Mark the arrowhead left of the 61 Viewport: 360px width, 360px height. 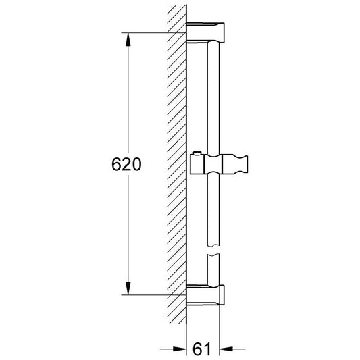182,349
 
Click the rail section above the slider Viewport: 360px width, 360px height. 213,95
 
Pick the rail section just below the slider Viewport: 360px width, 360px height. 213,209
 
